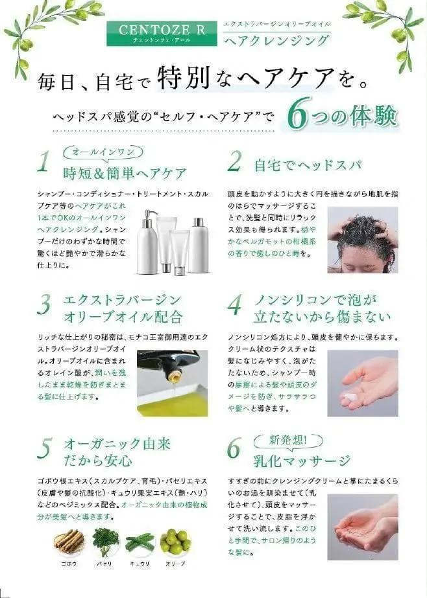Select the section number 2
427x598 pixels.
[x=234, y=162]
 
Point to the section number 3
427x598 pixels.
[x=43, y=305]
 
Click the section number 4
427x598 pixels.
[x=234, y=304]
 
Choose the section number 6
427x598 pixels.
[x=234, y=448]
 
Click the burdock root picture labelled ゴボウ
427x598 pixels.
[x=68, y=541]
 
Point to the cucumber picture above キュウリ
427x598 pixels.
[x=140, y=542]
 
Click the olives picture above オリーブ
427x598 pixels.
[x=175, y=541]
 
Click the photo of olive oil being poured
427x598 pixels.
[x=172, y=382]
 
